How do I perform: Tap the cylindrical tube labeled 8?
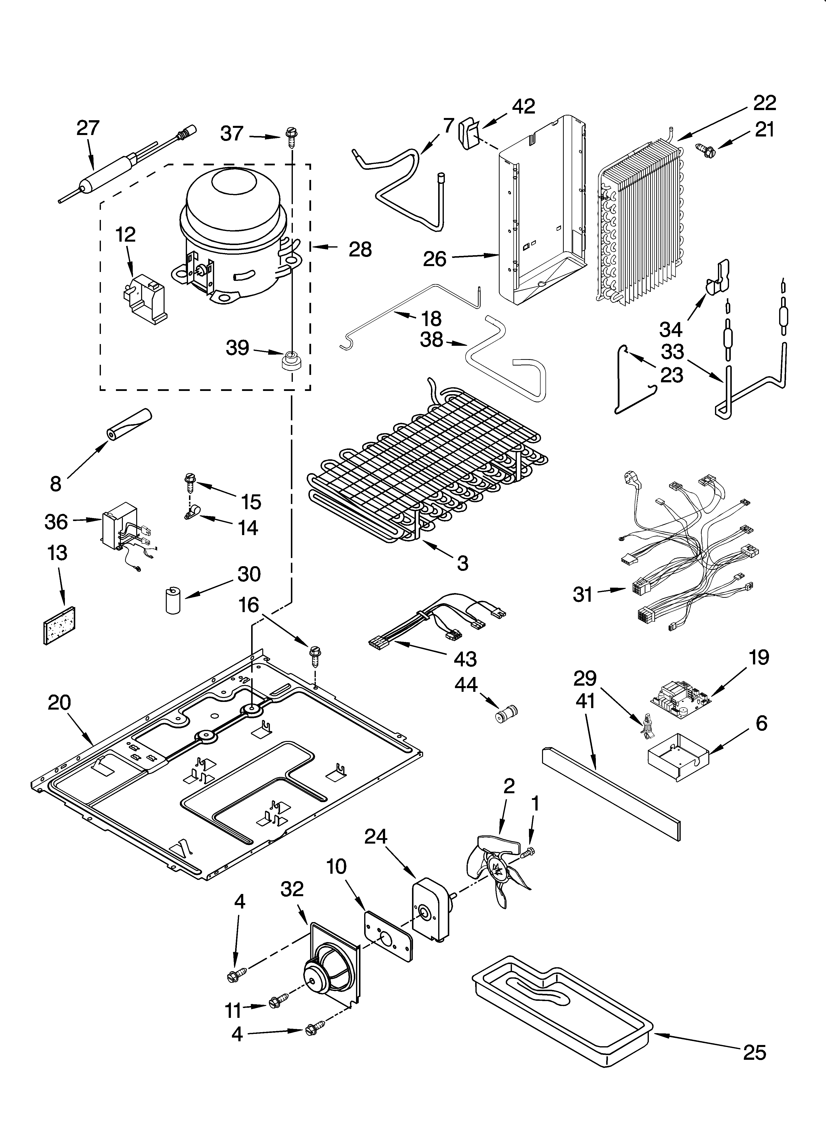click(x=128, y=424)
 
